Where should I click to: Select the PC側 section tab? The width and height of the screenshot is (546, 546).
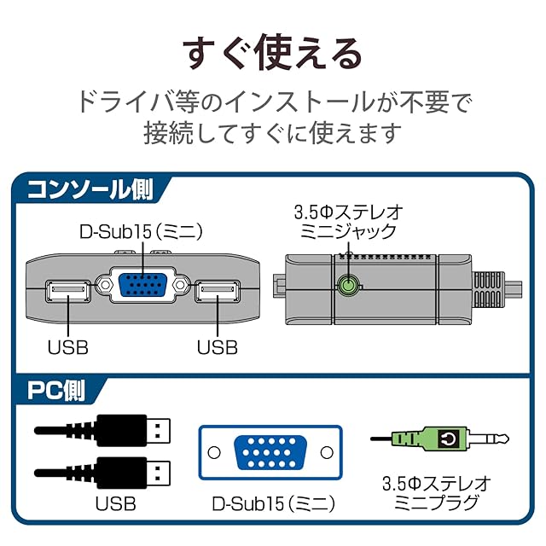click(56, 391)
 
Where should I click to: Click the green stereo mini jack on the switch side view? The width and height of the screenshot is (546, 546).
click(347, 287)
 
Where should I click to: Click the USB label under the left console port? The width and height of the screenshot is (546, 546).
click(67, 346)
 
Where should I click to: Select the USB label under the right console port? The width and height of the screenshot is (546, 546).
click(217, 346)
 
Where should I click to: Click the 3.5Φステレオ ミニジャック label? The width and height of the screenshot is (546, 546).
click(347, 220)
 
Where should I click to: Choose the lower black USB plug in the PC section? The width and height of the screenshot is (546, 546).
click(128, 471)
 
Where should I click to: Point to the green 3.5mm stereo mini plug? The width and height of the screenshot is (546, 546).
click(427, 439)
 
